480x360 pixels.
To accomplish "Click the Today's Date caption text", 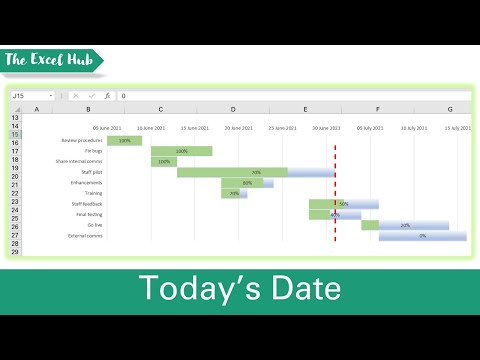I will [239, 288].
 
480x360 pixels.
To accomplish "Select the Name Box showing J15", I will [34, 96].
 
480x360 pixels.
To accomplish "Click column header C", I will [161, 108].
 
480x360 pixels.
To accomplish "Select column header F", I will [377, 108].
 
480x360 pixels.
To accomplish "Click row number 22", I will [15, 193].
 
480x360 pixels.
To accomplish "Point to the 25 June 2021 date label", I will [284, 128].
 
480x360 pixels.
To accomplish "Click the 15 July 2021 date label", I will [459, 128].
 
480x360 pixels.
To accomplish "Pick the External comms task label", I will [85, 236].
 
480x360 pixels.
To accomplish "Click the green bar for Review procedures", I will [125, 141].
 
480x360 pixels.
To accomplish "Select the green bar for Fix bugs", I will [181, 151].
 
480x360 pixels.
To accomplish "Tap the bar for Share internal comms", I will [164, 162].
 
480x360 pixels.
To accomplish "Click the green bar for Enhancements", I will [245, 183].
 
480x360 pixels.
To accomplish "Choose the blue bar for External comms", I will [422, 236].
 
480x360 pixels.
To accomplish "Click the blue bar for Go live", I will [405, 225].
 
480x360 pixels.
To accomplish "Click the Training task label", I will [93, 193].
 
